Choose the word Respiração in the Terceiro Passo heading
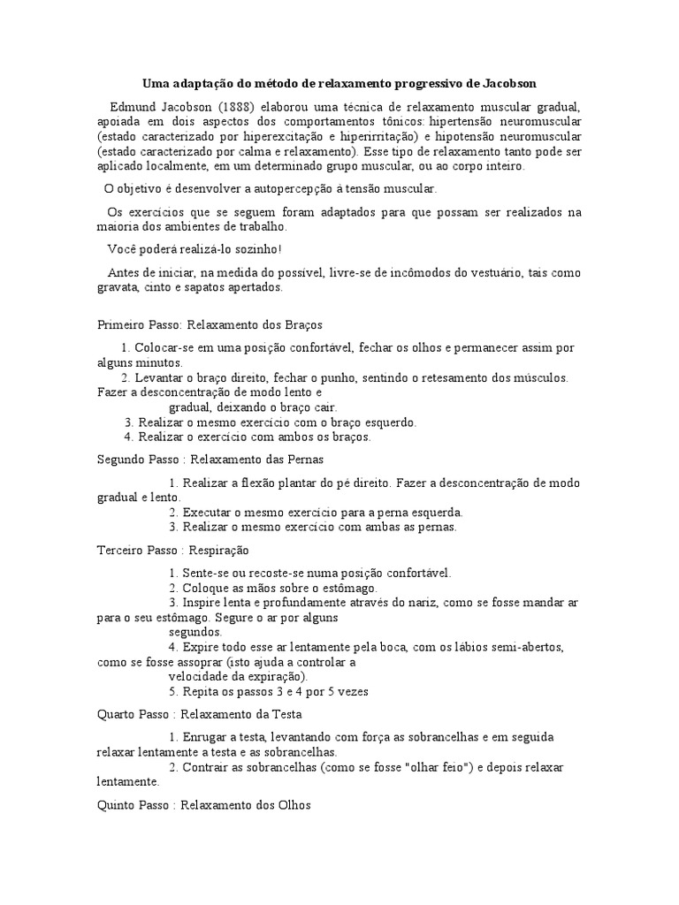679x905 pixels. coord(220,550)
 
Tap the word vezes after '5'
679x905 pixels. coord(352,691)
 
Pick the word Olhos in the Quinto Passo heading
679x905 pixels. coord(293,805)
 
